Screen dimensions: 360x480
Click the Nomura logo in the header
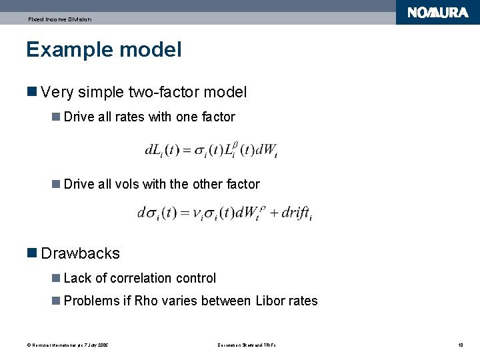tap(437, 13)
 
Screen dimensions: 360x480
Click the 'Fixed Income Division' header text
tap(59, 19)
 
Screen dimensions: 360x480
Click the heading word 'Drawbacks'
tap(80, 253)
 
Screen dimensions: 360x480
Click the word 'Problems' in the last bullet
tap(91, 301)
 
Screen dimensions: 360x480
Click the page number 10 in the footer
tap(460, 345)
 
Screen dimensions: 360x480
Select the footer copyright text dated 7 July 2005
tap(67, 345)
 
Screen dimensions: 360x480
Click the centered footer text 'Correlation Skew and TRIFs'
tap(247, 345)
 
